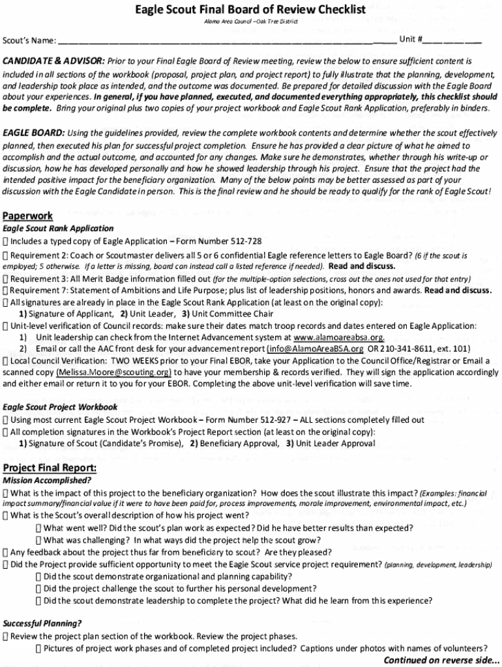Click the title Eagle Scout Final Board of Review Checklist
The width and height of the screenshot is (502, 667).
coord(250,10)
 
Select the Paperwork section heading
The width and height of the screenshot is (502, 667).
coord(27,216)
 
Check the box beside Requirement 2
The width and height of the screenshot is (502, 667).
coord(6,255)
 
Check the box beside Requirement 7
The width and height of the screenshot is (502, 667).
coord(6,291)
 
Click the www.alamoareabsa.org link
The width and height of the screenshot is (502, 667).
coord(339,337)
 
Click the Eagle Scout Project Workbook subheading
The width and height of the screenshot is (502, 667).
coord(51,407)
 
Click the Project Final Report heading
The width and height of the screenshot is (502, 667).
coord(50,468)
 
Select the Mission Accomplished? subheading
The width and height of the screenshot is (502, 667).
coord(47,481)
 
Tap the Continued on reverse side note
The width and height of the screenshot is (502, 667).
coord(441,659)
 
